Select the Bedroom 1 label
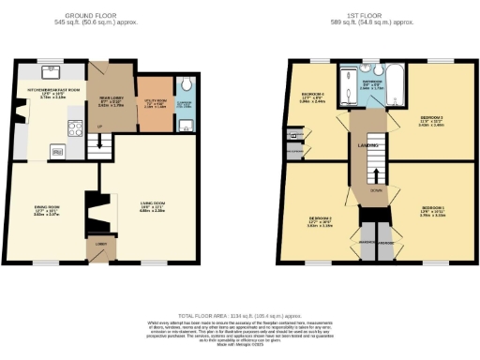433,209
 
